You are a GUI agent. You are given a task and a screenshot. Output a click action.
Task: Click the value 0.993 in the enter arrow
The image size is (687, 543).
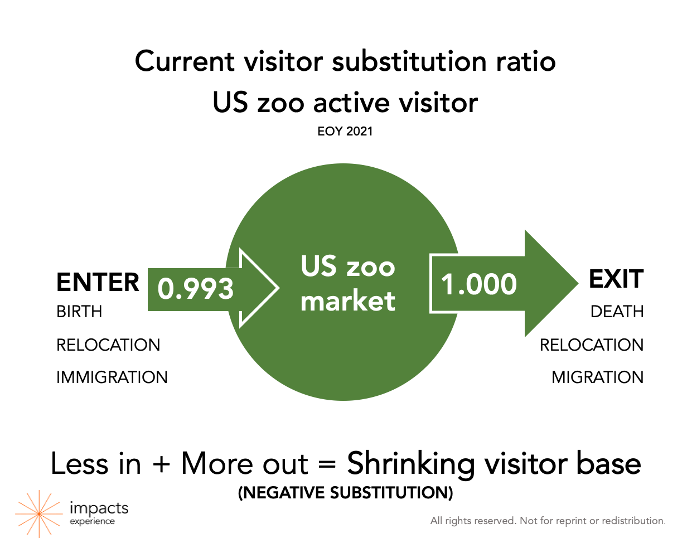(x=195, y=289)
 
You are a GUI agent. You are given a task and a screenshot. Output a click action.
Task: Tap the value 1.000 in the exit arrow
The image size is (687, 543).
(x=478, y=284)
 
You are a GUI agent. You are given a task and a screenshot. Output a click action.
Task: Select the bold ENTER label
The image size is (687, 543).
(x=98, y=282)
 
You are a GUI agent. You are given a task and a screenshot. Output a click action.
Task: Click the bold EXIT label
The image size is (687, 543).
(x=616, y=279)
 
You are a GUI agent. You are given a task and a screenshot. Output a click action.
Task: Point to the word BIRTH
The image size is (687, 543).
(x=79, y=311)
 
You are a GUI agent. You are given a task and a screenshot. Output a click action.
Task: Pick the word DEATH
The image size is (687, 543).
(x=617, y=311)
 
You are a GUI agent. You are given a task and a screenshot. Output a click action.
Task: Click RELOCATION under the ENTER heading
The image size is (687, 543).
(x=108, y=345)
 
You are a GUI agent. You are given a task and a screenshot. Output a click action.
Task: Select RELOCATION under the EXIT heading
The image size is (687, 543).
(x=592, y=345)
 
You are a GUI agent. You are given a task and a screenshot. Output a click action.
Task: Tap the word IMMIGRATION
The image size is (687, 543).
(x=112, y=377)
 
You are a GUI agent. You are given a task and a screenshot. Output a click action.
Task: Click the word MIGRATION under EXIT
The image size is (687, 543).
(x=598, y=377)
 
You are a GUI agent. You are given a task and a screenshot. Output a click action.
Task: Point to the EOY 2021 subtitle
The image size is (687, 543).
(x=345, y=132)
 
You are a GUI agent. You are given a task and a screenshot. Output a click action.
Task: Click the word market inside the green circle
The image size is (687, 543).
(x=347, y=300)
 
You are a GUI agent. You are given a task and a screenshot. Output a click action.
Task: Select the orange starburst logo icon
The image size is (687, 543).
(x=39, y=514)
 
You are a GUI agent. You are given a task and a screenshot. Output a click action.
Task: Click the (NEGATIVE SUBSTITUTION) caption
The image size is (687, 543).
(x=345, y=493)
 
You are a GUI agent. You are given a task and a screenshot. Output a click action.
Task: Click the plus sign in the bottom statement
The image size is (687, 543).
(x=161, y=464)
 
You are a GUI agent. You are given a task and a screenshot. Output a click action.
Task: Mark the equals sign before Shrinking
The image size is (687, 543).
(x=327, y=464)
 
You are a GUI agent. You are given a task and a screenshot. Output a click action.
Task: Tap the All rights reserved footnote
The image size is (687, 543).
(x=548, y=521)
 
